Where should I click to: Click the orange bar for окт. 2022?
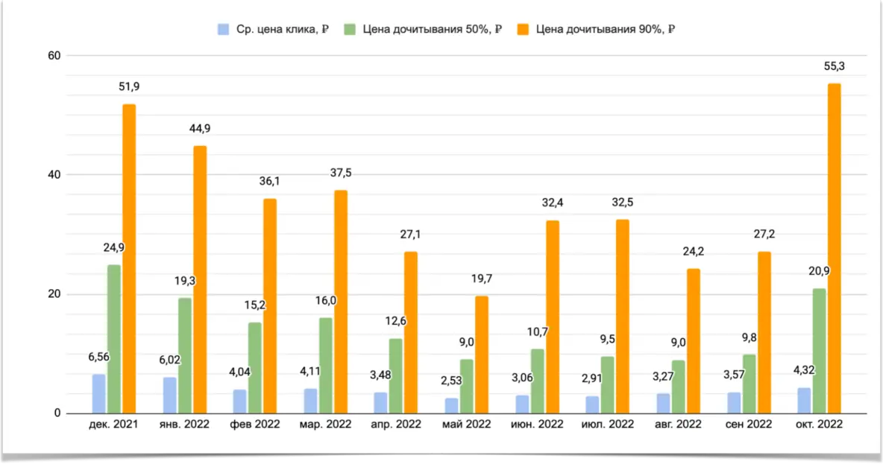(x=835, y=249)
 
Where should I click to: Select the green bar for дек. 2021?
(x=113, y=339)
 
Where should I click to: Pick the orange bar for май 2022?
(x=482, y=355)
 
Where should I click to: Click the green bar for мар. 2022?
(x=325, y=366)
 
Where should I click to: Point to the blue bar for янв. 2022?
(x=169, y=395)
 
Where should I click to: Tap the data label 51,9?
(x=129, y=86)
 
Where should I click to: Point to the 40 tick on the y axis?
(x=53, y=175)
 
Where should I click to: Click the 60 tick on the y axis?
(x=53, y=56)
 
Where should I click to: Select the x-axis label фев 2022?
(x=255, y=425)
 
